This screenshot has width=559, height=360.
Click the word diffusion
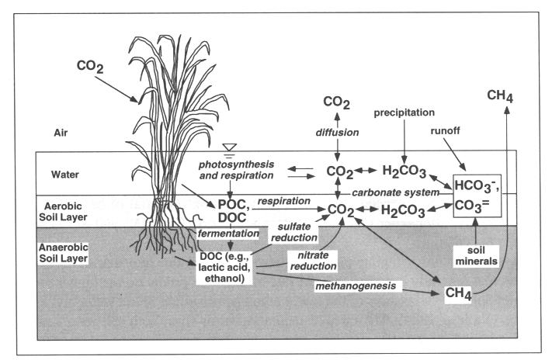click(335, 133)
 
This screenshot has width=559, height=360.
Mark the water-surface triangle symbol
click(207, 147)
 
